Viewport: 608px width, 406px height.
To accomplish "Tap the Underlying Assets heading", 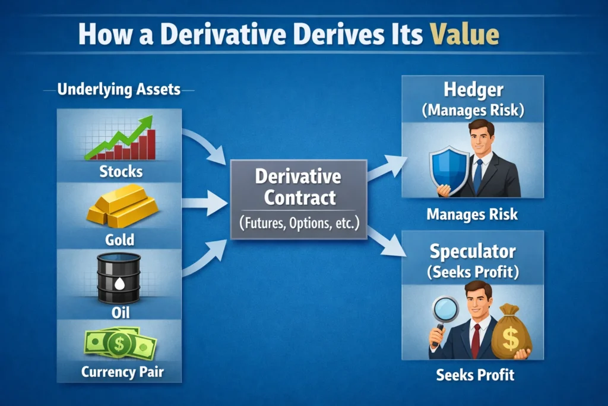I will click(x=119, y=90).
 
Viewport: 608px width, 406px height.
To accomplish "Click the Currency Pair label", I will click(x=122, y=373).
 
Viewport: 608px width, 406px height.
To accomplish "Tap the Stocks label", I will click(x=121, y=172).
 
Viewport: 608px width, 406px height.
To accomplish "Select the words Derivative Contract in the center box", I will click(x=299, y=186).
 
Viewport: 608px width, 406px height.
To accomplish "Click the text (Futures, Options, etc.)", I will click(x=299, y=224).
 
